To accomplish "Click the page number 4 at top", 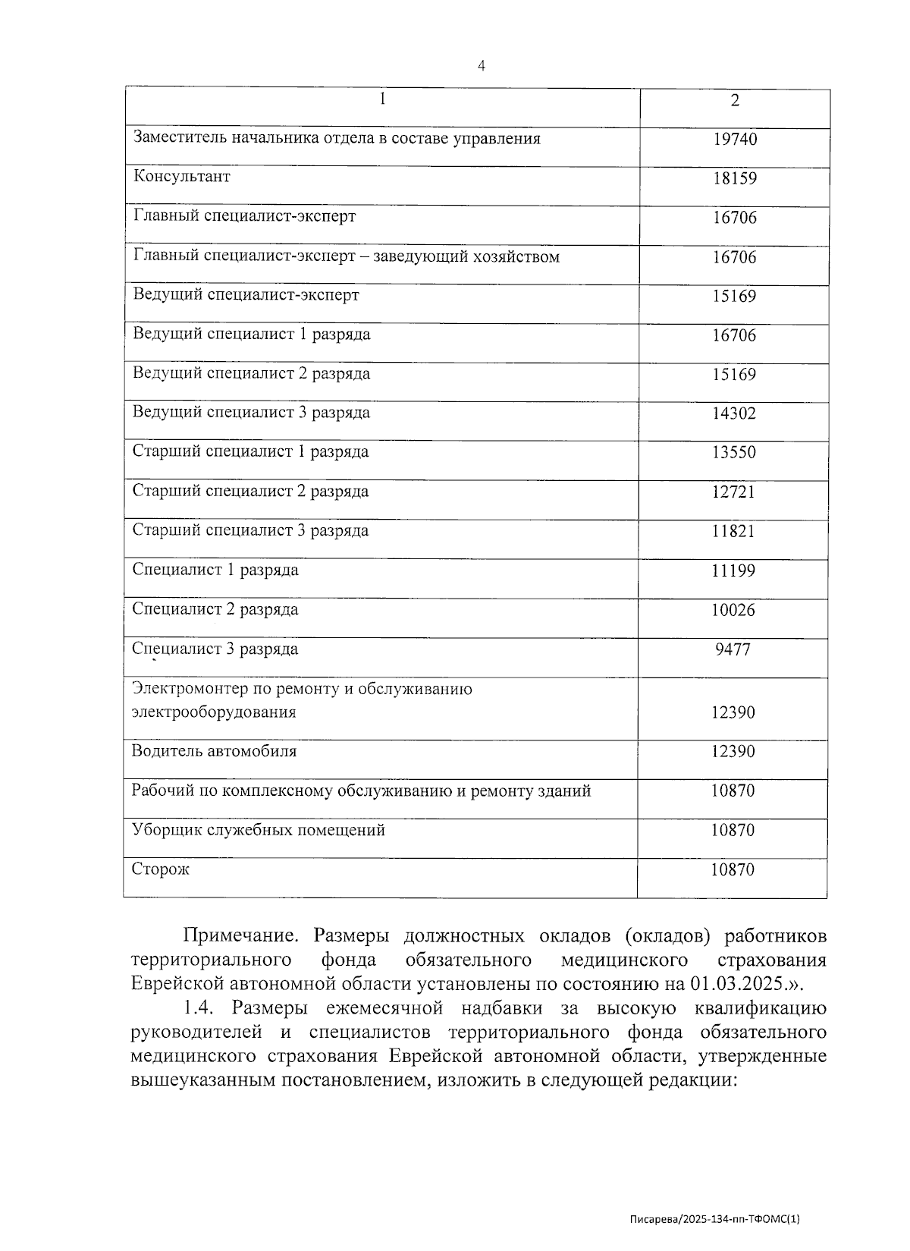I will click(481, 66).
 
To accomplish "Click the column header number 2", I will click(734, 101).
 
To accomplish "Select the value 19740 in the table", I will click(734, 140).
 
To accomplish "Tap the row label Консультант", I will click(182, 177).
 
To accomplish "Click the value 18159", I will click(734, 179).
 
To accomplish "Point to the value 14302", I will click(733, 413).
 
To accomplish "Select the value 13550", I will click(733, 453).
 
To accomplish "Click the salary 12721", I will click(733, 492).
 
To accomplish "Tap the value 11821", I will click(733, 531).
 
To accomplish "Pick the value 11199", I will click(733, 570).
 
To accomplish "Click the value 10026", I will click(733, 610).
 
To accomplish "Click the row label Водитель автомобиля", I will click(215, 751).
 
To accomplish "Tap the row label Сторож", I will click(160, 869).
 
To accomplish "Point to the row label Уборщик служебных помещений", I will click(259, 830).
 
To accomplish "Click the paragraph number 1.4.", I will click(199, 1008).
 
